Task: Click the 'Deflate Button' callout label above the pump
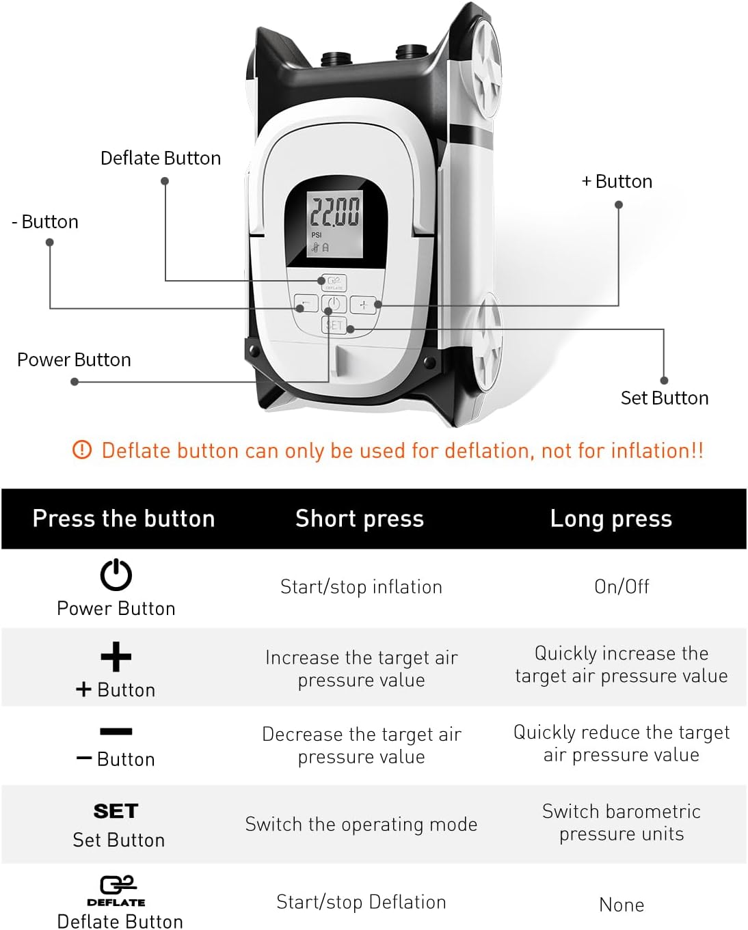click(161, 158)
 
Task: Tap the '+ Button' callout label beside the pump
click(617, 181)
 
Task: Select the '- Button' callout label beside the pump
click(45, 221)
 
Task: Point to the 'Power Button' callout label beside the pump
click(74, 359)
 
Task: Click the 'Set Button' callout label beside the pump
click(664, 398)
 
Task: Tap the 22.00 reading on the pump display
click(334, 210)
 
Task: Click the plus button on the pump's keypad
click(363, 305)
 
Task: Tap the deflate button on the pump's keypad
click(334, 282)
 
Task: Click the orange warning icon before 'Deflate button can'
click(81, 450)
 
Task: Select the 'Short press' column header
click(360, 519)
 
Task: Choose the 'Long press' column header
click(611, 519)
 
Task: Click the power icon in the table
click(116, 575)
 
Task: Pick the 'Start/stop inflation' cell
click(361, 587)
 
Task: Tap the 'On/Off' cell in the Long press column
click(622, 586)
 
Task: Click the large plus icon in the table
click(116, 657)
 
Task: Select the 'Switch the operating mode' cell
click(361, 824)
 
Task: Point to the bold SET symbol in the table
click(116, 811)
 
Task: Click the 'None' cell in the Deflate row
click(622, 905)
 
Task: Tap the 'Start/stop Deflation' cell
click(361, 902)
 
